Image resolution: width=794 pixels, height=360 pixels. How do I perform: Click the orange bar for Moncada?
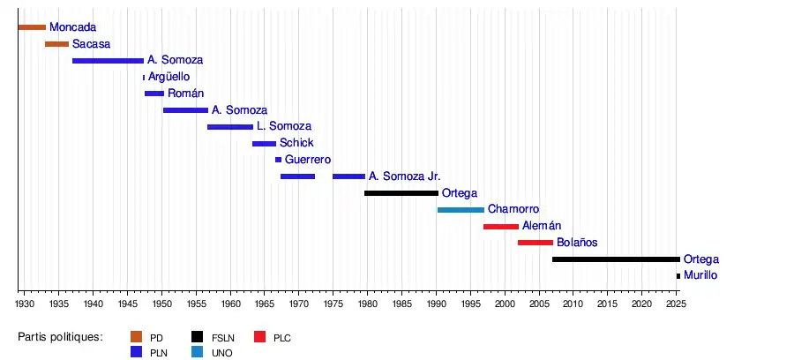pyautogui.click(x=32, y=27)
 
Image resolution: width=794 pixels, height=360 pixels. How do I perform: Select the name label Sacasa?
pyautogui.click(x=91, y=44)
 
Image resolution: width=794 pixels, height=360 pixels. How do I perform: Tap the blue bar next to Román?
pyautogui.click(x=154, y=94)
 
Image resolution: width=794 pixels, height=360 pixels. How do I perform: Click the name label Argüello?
pyautogui.click(x=169, y=77)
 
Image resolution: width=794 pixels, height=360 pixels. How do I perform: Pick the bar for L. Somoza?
pyautogui.click(x=230, y=127)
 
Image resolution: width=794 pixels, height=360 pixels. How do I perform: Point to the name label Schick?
pyautogui.click(x=296, y=143)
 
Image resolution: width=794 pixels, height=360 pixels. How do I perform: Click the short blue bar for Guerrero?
pyautogui.click(x=279, y=160)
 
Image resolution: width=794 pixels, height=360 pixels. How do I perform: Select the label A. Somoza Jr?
pyautogui.click(x=404, y=176)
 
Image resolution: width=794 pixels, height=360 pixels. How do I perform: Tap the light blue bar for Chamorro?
pyautogui.click(x=461, y=210)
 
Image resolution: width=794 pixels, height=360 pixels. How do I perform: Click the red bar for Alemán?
pyautogui.click(x=501, y=227)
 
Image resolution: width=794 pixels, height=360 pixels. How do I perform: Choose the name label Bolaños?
pyautogui.click(x=577, y=243)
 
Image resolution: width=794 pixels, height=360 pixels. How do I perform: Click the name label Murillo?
pyautogui.click(x=700, y=275)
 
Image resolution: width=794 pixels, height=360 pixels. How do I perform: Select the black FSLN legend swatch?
pyautogui.click(x=198, y=337)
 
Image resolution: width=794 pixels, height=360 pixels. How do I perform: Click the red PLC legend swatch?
pyautogui.click(x=260, y=337)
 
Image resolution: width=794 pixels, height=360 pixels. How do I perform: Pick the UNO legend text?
pyautogui.click(x=221, y=352)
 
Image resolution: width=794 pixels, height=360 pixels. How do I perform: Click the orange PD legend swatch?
pyautogui.click(x=137, y=337)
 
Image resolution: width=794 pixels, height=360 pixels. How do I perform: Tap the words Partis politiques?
pyautogui.click(x=60, y=337)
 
